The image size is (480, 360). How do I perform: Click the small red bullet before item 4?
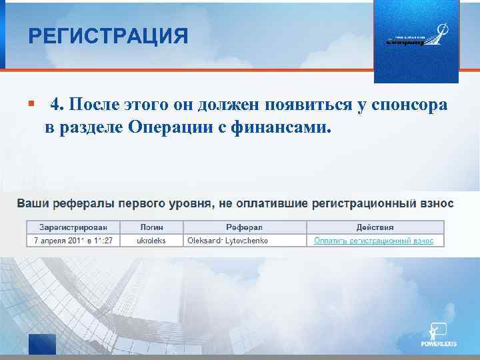tap(31, 104)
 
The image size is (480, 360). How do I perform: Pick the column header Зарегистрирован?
tap(73, 227)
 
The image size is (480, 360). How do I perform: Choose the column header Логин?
tap(152, 227)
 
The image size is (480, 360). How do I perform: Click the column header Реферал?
tap(245, 227)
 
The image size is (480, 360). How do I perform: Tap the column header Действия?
tap(374, 227)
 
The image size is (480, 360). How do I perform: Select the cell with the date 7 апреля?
tap(73, 240)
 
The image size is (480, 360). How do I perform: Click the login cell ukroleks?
tap(151, 240)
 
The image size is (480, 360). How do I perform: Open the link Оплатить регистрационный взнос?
tap(374, 240)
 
